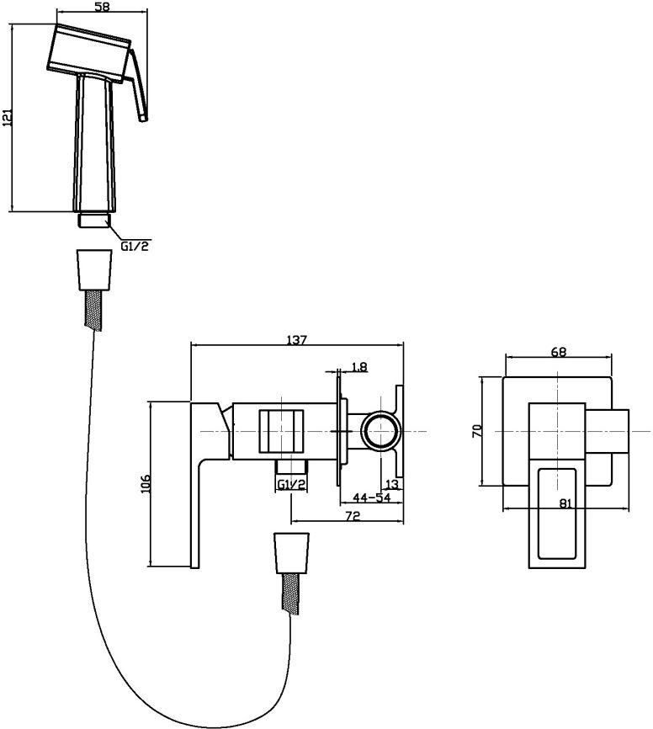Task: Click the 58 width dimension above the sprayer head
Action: (103, 8)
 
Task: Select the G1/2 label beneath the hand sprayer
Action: (135, 246)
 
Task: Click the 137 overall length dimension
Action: (296, 340)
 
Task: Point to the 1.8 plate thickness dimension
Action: (358, 367)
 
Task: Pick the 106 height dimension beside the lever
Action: (146, 483)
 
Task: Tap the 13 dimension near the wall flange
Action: (393, 484)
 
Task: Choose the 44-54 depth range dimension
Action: (371, 498)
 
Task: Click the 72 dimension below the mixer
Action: (353, 516)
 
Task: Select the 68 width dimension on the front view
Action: (559, 352)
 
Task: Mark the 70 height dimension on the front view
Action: (477, 431)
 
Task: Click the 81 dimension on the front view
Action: (565, 503)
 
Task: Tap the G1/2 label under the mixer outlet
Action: (292, 484)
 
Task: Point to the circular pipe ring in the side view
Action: (381, 431)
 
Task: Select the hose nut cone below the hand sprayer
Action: (95, 270)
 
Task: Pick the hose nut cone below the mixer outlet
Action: (292, 553)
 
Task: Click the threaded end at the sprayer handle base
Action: (94, 221)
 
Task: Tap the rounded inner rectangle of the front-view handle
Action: (557, 513)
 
